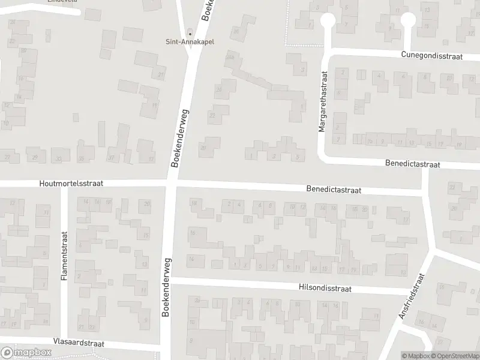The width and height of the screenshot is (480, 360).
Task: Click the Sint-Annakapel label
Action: (x=190, y=42)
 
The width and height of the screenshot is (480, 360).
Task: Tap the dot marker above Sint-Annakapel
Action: (x=190, y=32)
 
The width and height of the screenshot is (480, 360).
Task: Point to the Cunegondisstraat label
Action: (x=433, y=55)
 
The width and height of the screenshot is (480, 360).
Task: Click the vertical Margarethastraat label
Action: (x=323, y=102)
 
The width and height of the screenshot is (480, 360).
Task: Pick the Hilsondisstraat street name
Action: (x=324, y=288)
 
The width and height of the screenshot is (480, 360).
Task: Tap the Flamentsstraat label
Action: (x=64, y=257)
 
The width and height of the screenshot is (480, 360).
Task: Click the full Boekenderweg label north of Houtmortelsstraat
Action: (x=179, y=139)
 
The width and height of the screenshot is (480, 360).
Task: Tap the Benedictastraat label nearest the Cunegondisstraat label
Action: (x=413, y=164)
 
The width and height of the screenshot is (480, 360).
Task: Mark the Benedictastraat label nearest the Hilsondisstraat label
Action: (x=333, y=190)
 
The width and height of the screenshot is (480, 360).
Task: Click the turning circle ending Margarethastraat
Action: (x=328, y=20)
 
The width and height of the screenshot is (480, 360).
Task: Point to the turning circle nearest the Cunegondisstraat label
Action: (x=408, y=20)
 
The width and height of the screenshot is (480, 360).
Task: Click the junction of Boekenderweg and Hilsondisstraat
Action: (x=167, y=281)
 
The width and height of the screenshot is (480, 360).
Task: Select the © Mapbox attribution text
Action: (x=416, y=356)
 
